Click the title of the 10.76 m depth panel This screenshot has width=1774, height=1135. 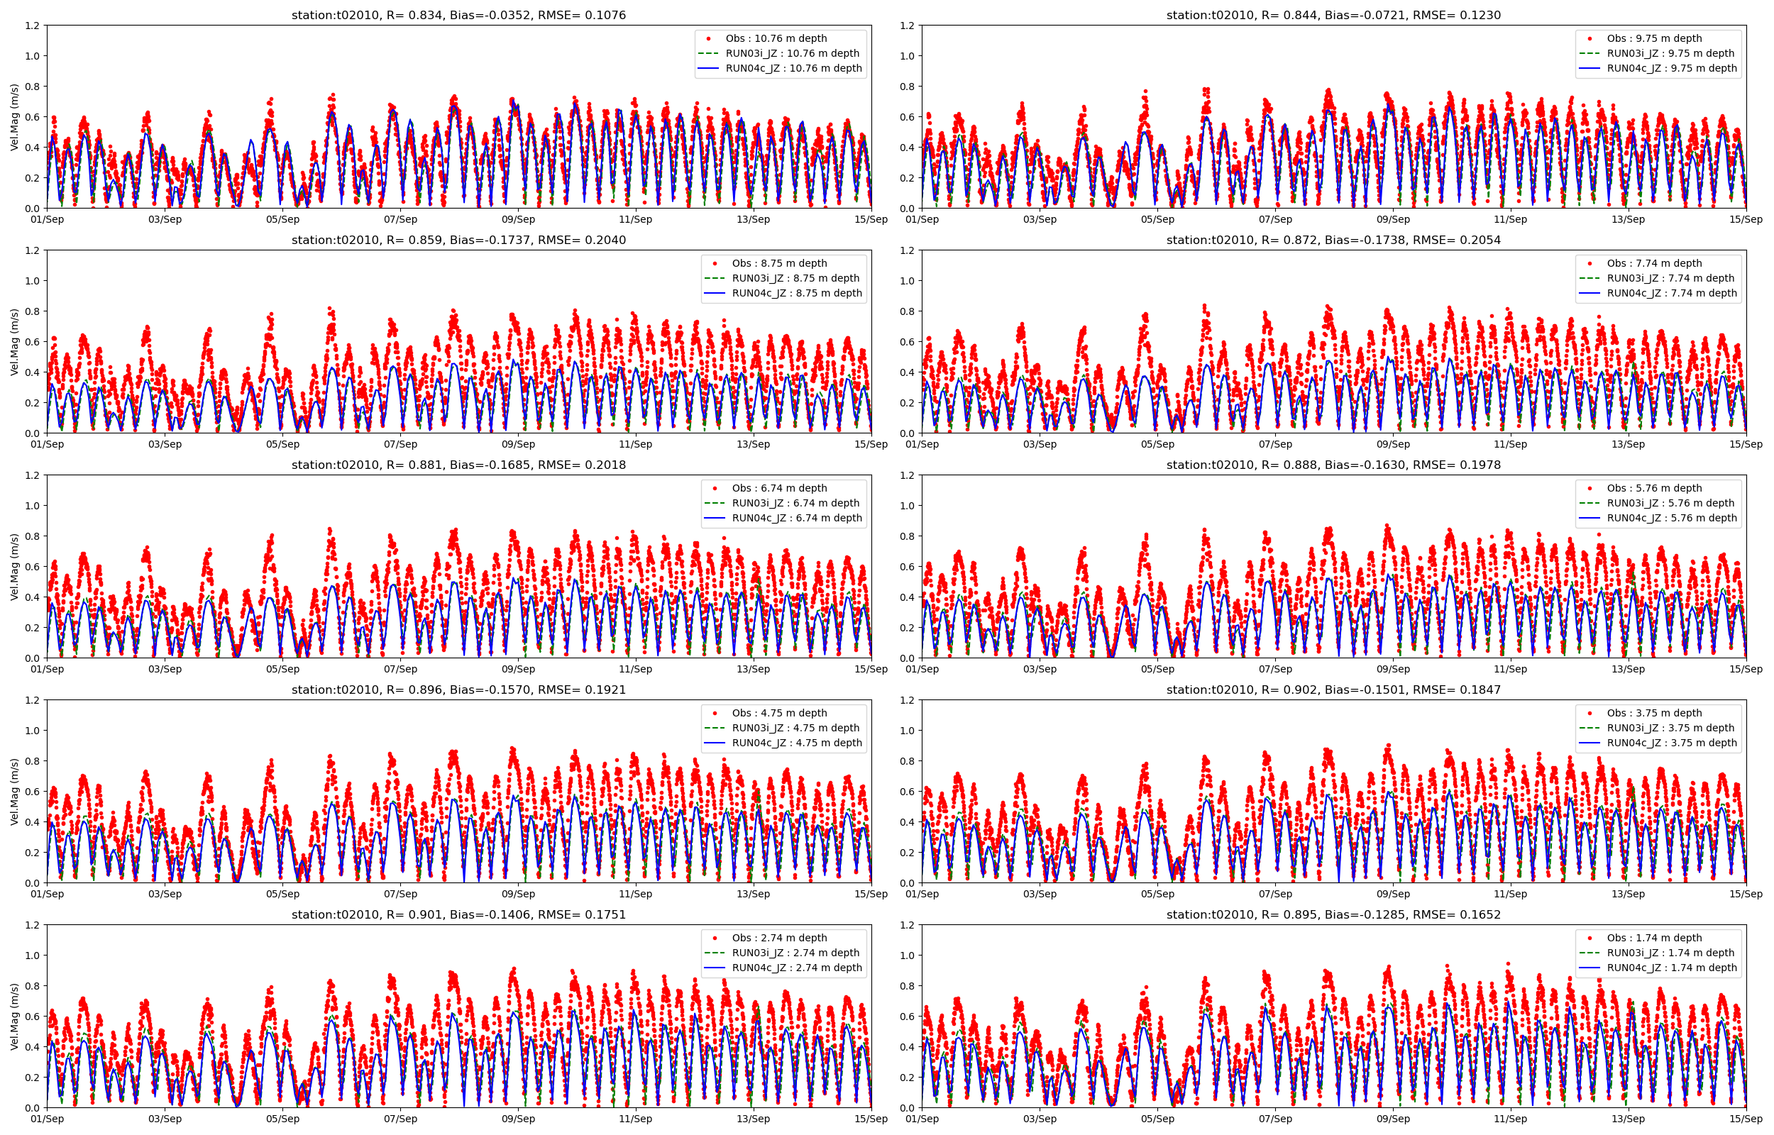pos(458,15)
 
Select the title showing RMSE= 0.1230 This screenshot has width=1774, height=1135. pos(1333,15)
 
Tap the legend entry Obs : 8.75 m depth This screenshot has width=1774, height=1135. pos(779,263)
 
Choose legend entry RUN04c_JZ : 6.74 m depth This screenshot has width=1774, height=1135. pos(797,518)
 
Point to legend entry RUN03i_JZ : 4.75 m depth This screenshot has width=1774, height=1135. pos(795,728)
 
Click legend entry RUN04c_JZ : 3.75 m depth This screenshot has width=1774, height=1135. pos(1672,743)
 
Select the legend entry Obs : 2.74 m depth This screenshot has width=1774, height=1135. pos(779,939)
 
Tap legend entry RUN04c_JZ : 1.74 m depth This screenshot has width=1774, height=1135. pos(1672,968)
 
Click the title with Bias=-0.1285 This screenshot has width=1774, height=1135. pos(1333,914)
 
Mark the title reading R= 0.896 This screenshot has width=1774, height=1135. pos(458,690)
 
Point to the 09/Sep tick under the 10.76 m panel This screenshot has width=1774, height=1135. pos(518,220)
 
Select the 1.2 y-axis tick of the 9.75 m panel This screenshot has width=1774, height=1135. pos(908,26)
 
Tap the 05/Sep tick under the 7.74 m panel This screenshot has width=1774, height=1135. pos(1157,444)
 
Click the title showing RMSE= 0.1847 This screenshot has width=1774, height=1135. pos(1333,690)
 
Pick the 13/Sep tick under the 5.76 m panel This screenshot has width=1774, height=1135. pos(1628,669)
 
